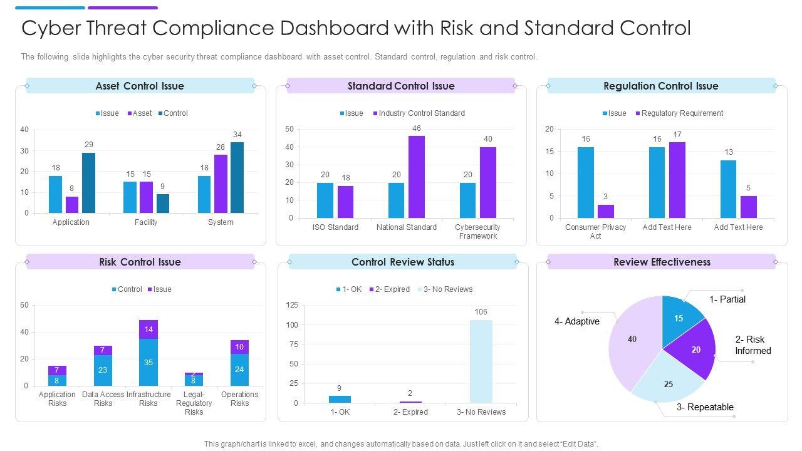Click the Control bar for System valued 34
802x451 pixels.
click(x=237, y=177)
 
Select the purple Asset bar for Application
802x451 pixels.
click(x=72, y=205)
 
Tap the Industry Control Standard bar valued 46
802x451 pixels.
click(x=417, y=177)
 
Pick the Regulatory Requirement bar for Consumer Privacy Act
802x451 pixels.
click(x=605, y=211)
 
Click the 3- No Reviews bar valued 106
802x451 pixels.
click(x=481, y=361)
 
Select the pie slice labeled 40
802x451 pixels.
click(x=633, y=341)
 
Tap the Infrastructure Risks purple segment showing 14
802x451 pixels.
click(x=148, y=329)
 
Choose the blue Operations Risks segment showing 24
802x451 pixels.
click(x=239, y=370)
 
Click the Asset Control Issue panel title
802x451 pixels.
click(x=140, y=86)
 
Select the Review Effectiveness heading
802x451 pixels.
click(x=661, y=262)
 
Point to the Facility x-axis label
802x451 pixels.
click(x=146, y=222)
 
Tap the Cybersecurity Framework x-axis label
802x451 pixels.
click(x=478, y=232)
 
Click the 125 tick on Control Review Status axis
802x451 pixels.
click(x=292, y=305)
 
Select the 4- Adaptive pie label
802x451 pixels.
click(x=577, y=321)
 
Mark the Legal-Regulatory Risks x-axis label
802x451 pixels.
click(x=194, y=403)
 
